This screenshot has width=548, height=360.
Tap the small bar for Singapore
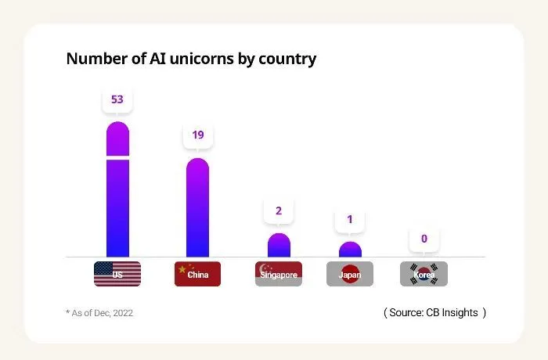(279, 246)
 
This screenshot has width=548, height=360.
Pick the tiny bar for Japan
(350, 250)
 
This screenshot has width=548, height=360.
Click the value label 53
(117, 100)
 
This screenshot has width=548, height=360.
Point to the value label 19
(198, 135)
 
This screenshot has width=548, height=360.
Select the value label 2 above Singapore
(279, 211)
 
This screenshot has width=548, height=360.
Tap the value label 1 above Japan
(350, 219)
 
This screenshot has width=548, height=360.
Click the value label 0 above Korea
(424, 239)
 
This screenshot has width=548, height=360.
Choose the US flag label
(117, 274)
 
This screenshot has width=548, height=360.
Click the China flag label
(198, 274)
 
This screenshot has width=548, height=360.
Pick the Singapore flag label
(279, 274)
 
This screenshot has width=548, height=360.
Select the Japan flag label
(350, 274)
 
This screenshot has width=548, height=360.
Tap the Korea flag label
(424, 274)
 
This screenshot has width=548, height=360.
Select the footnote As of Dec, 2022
(99, 313)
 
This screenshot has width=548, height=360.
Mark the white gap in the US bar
(117, 157)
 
